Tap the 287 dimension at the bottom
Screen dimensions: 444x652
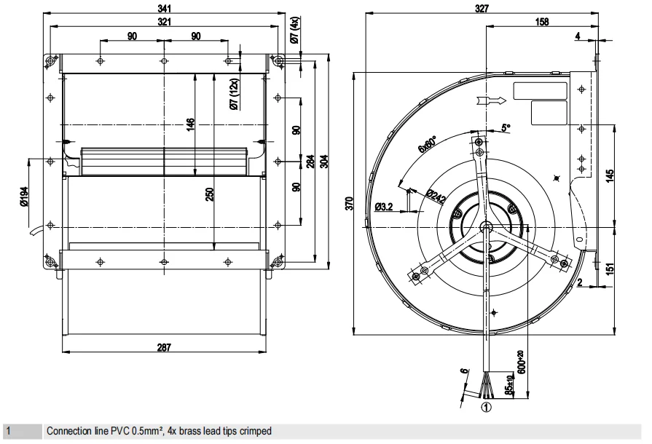click(164, 347)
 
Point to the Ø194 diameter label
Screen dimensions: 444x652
click(23, 197)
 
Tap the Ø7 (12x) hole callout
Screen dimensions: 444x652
click(234, 95)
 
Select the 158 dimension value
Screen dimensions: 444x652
click(542, 23)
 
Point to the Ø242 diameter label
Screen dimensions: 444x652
click(436, 197)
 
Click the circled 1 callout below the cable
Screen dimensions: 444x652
click(486, 408)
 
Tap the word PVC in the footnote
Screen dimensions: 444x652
click(114, 432)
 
